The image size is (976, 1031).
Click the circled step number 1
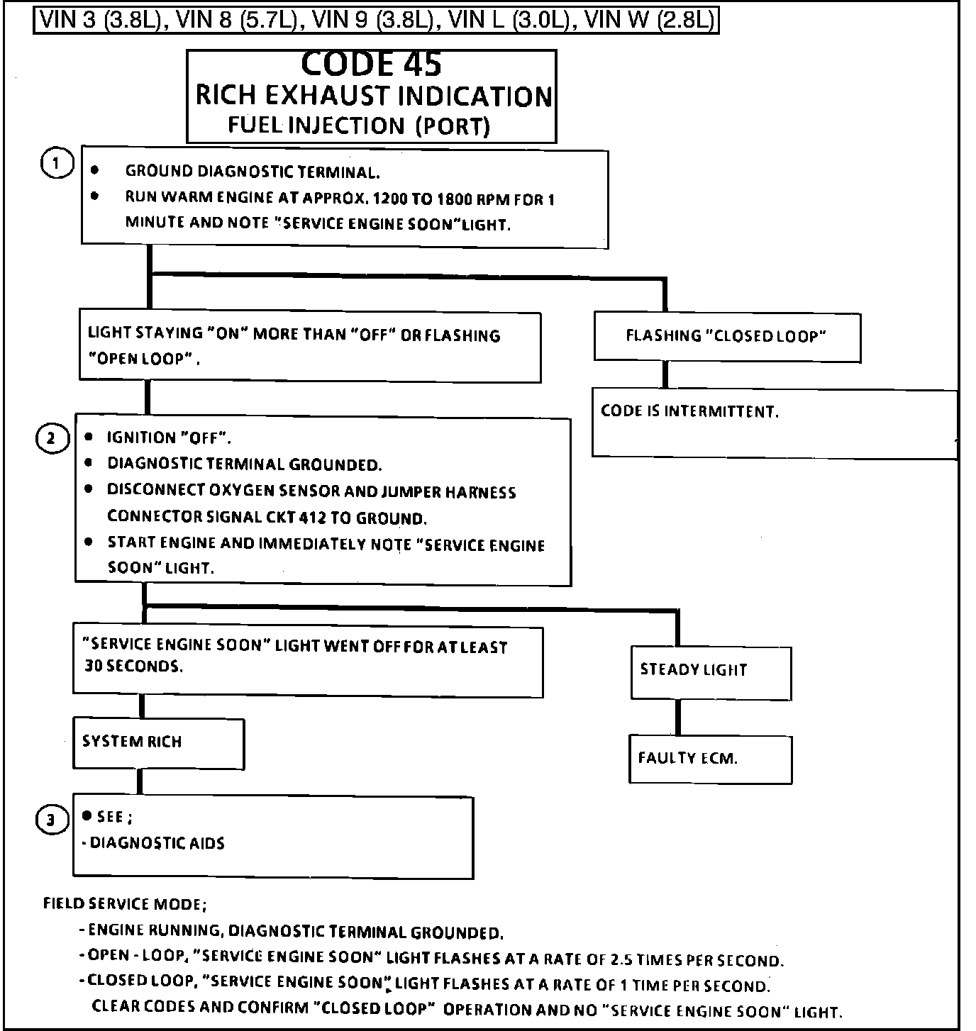pyautogui.click(x=57, y=164)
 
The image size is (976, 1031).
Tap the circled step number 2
pyautogui.click(x=51, y=438)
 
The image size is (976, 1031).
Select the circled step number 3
pyautogui.click(x=51, y=820)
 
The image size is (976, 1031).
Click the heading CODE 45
pyautogui.click(x=371, y=64)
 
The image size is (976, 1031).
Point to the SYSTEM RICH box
pyautogui.click(x=158, y=742)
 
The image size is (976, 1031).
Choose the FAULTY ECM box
pyautogui.click(x=710, y=759)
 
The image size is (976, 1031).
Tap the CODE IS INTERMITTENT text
pyautogui.click(x=689, y=412)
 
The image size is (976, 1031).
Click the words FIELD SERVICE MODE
pyautogui.click(x=125, y=904)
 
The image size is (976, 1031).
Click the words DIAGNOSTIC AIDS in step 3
pyautogui.click(x=157, y=843)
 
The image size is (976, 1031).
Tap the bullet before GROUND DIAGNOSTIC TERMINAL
pyautogui.click(x=95, y=171)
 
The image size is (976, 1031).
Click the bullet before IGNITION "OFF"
pyautogui.click(x=89, y=438)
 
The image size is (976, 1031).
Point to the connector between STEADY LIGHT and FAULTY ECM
pyautogui.click(x=678, y=717)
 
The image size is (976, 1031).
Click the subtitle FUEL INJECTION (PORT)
pyautogui.click(x=359, y=126)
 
